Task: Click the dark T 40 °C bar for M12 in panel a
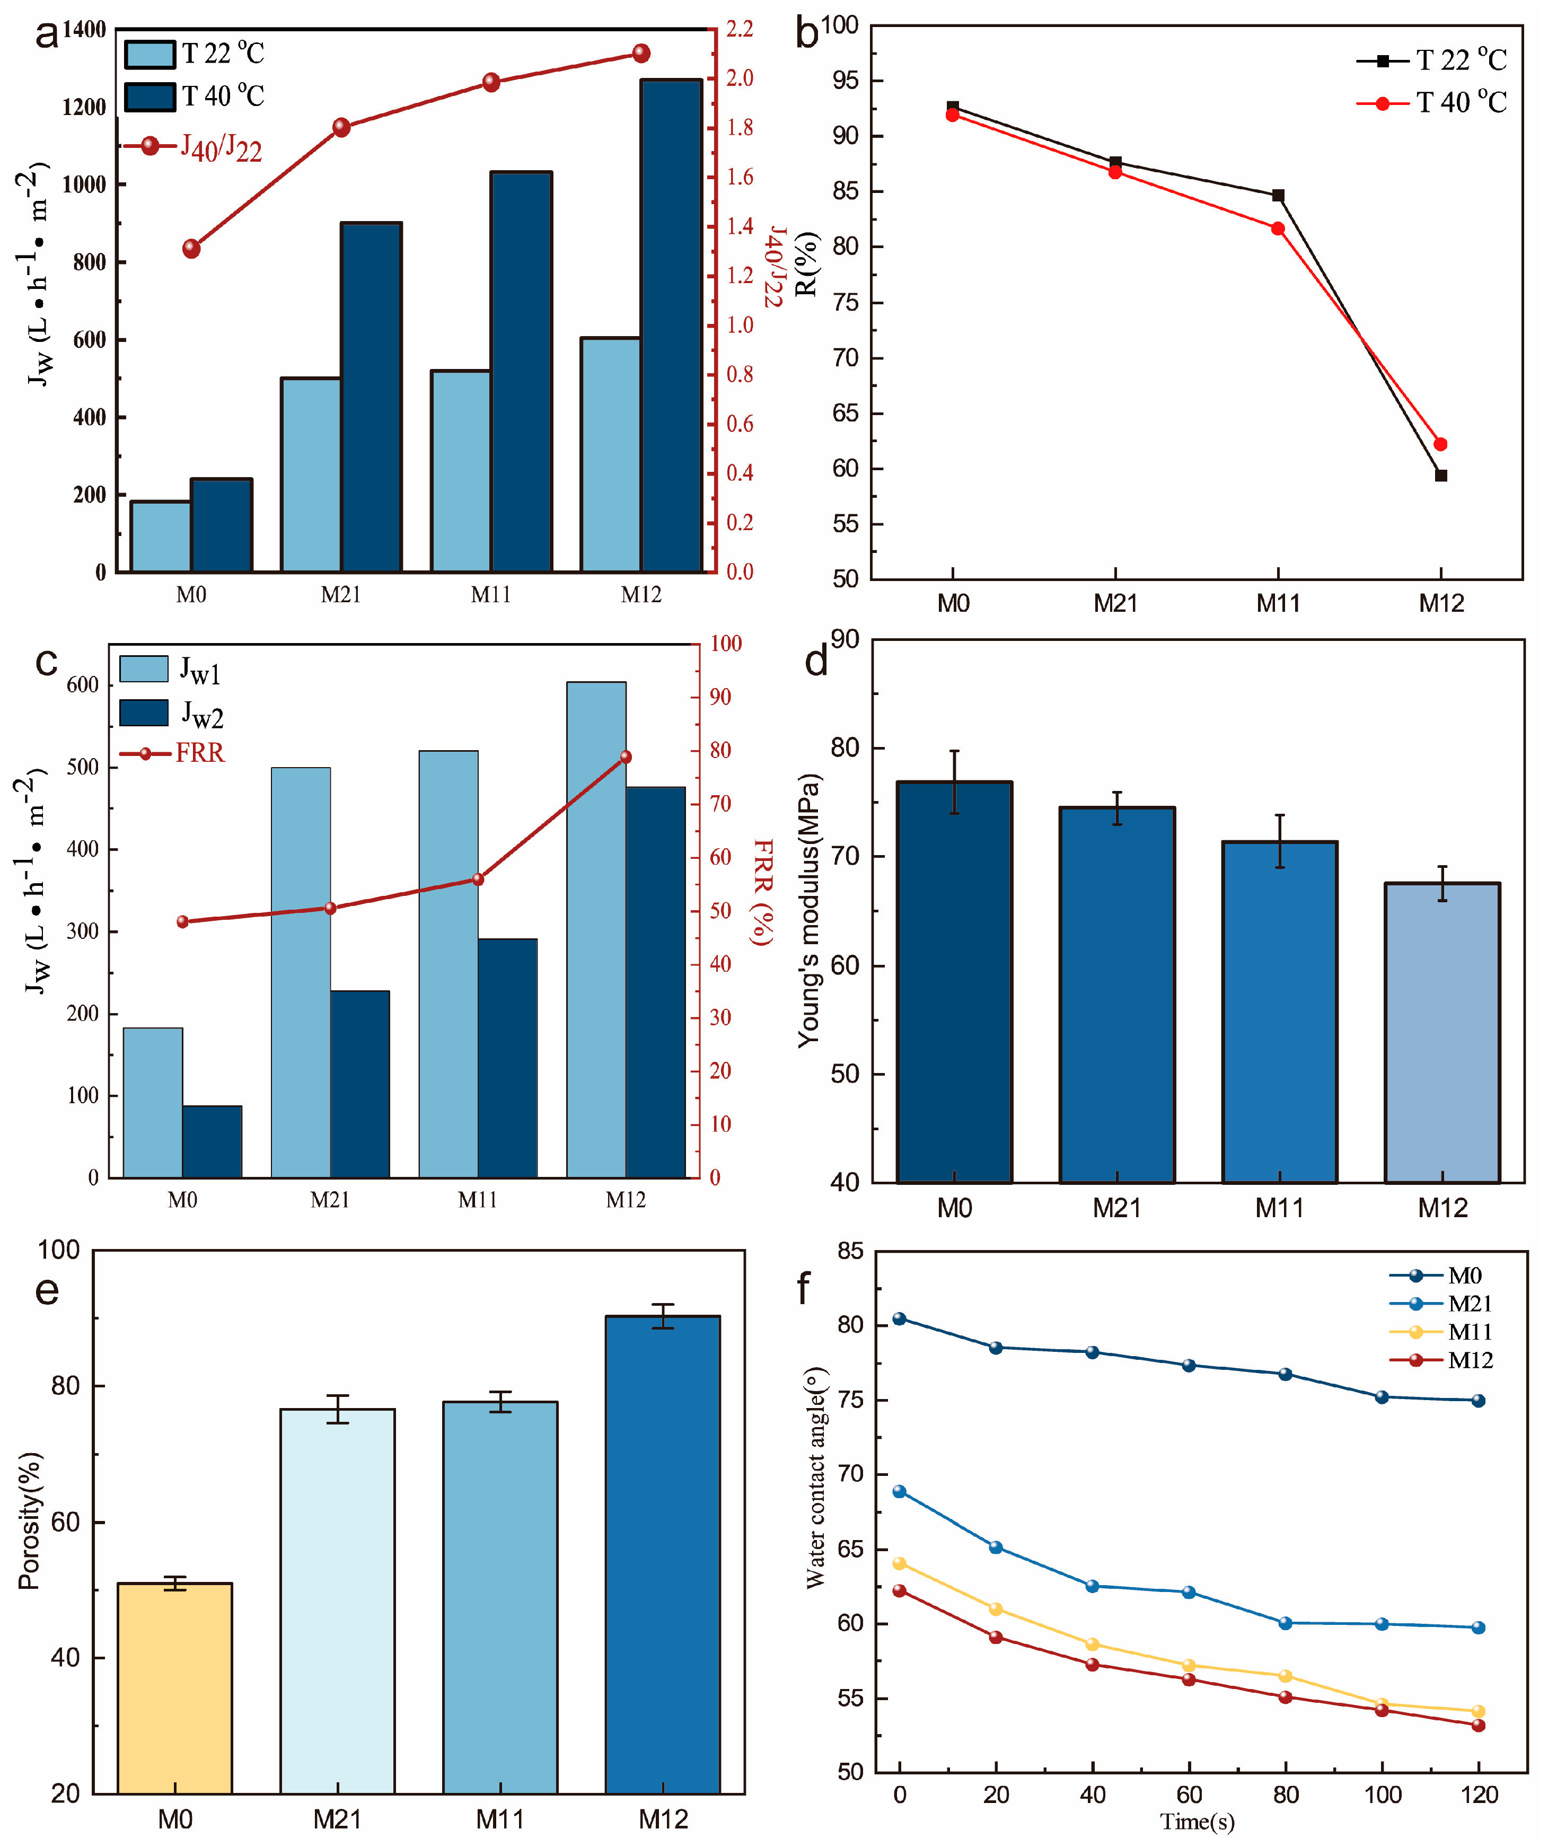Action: [x=671, y=326]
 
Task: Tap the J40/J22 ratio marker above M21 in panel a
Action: [x=341, y=128]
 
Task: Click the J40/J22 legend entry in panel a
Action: [x=193, y=147]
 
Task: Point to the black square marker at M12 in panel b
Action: [x=1441, y=476]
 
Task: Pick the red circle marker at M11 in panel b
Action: [x=1278, y=228]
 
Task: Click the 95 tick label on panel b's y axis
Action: [x=846, y=81]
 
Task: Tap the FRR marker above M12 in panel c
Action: [x=626, y=757]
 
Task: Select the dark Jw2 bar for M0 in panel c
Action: [x=212, y=1141]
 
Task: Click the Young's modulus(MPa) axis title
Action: [x=808, y=910]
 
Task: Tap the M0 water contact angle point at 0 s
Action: [x=899, y=1318]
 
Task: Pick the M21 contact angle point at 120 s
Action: [x=1479, y=1627]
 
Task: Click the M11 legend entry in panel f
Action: [x=1443, y=1332]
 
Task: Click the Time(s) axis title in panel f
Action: [x=1197, y=1822]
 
